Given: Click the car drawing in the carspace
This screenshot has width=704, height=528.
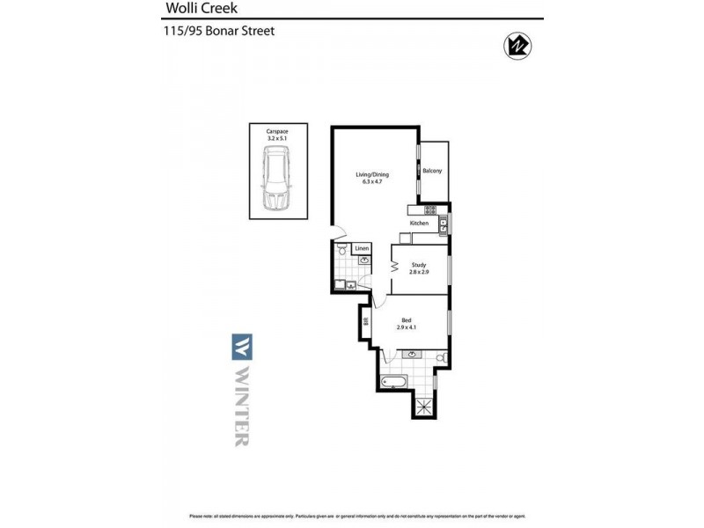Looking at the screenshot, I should [277, 180].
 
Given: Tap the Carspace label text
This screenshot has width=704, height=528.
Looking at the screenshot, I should [277, 131].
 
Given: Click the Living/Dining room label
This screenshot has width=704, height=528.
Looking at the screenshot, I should [371, 174].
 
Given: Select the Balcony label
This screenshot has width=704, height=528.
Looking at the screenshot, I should [432, 171].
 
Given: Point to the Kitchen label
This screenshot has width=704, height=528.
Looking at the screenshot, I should [419, 224].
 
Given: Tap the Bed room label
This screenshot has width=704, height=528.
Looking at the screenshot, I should [407, 319].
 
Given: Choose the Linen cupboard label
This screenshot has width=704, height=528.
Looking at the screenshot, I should [361, 249].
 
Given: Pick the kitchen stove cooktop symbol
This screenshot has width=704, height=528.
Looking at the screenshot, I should [430, 209].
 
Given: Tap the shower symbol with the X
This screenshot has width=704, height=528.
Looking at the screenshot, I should [425, 407].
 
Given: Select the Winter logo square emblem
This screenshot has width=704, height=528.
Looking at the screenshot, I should [241, 346].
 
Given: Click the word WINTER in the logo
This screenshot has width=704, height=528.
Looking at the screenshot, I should [241, 406].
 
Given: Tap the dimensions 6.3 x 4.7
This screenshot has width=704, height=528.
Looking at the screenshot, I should [371, 181].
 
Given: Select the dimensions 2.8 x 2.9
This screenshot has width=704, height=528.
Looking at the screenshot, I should [418, 272].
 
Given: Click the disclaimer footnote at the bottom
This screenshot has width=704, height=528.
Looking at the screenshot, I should [352, 516].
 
